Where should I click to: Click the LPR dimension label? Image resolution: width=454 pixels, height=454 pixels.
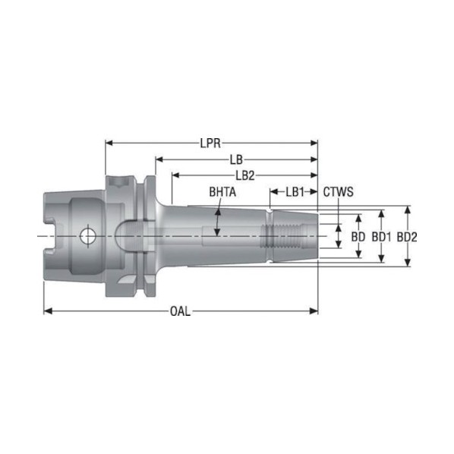coord(210,143)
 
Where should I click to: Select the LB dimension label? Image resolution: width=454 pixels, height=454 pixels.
coord(236,159)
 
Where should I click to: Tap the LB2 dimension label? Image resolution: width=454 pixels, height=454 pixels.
coord(245,175)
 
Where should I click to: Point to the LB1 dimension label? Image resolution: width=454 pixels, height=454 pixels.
coord(295,191)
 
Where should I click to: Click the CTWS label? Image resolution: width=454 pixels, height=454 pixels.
coord(338,191)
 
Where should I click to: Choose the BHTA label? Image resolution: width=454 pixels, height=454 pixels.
coord(222,191)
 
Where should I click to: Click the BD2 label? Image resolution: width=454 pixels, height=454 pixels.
coord(407,237)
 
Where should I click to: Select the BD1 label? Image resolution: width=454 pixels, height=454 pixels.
coord(382,237)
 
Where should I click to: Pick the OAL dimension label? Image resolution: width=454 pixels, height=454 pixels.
coord(180,311)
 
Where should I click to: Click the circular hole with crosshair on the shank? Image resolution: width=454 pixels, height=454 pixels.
coord(88,236)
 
